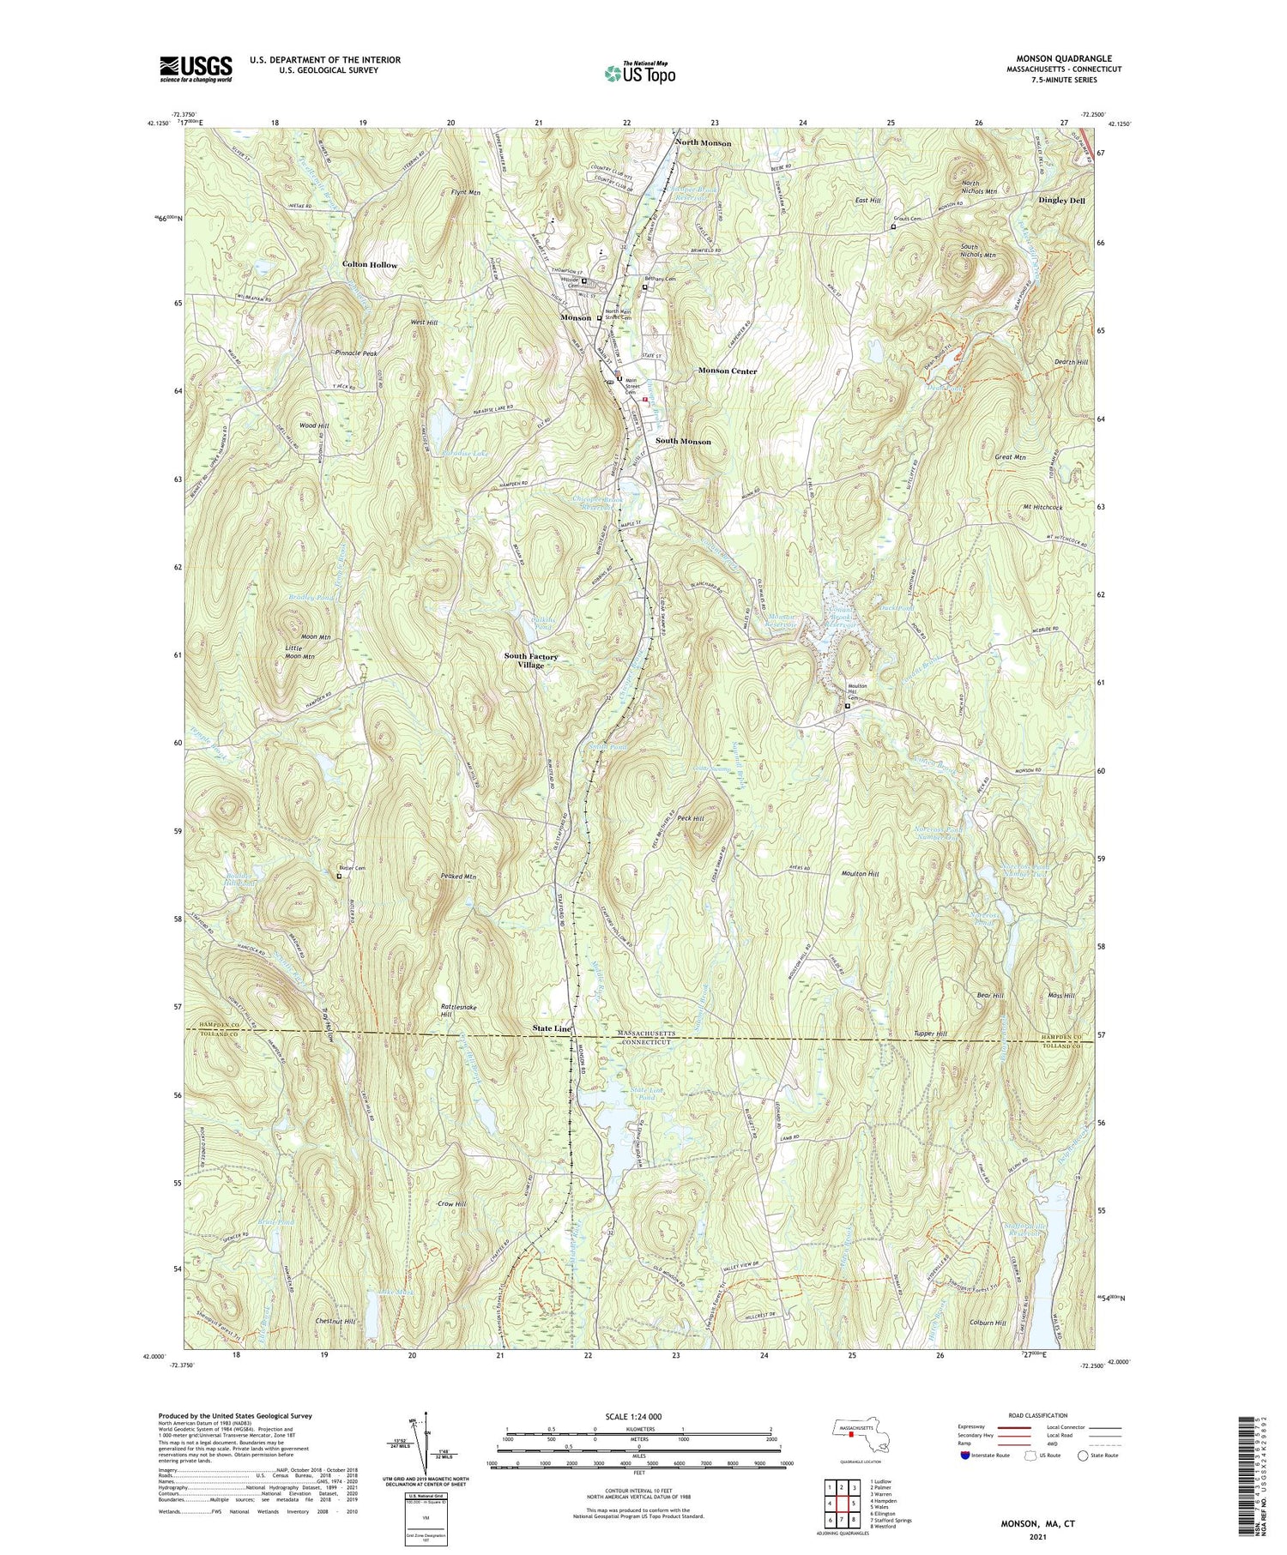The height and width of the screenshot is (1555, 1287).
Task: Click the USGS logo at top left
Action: (x=196, y=69)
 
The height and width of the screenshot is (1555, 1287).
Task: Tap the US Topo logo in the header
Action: (x=639, y=74)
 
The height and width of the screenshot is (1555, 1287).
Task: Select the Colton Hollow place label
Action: (x=369, y=265)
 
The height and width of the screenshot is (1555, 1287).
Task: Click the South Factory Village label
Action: (x=530, y=660)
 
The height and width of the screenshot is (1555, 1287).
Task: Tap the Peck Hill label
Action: (x=691, y=819)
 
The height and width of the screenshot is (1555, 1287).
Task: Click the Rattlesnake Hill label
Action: (x=458, y=1010)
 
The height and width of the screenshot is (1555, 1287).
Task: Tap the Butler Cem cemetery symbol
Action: (x=338, y=877)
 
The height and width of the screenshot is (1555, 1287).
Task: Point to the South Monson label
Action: (x=683, y=441)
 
